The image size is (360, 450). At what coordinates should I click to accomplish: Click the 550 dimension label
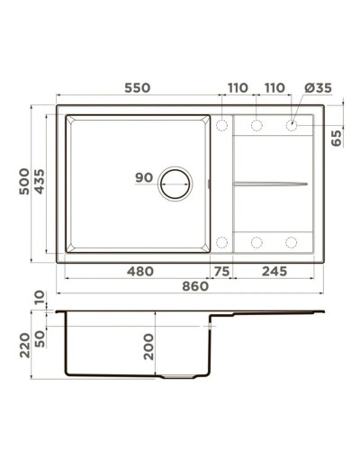click(x=137, y=87)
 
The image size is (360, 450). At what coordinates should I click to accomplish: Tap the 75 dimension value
click(x=220, y=271)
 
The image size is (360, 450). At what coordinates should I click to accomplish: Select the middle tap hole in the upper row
click(x=256, y=123)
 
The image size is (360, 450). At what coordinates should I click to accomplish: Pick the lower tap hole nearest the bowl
click(x=222, y=241)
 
